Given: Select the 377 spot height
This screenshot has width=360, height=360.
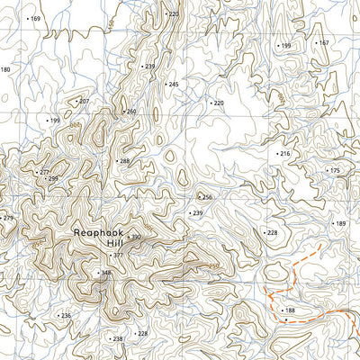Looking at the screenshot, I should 117,255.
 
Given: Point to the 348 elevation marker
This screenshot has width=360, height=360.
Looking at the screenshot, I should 105,273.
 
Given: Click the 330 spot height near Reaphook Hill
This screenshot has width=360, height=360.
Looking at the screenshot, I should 136,238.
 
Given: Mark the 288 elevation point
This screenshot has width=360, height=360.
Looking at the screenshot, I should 123,161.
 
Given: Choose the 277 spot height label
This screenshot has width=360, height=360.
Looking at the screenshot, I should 43,172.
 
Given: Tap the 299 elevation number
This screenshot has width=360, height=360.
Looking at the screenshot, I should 52,179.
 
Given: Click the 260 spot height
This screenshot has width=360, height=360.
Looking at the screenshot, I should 130,112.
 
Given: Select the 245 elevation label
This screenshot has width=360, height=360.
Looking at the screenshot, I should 172,84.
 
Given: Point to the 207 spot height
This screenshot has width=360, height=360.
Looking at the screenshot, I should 83,102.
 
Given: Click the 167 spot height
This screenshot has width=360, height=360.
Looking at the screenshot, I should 323,42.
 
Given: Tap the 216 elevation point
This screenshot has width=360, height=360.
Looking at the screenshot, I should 283,154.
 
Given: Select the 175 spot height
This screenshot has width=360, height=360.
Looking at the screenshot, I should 334,170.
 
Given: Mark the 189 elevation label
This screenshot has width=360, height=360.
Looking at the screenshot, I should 339,223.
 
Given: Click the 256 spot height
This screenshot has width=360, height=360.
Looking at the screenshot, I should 206,197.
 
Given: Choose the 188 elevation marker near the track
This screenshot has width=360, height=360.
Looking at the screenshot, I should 289,310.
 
